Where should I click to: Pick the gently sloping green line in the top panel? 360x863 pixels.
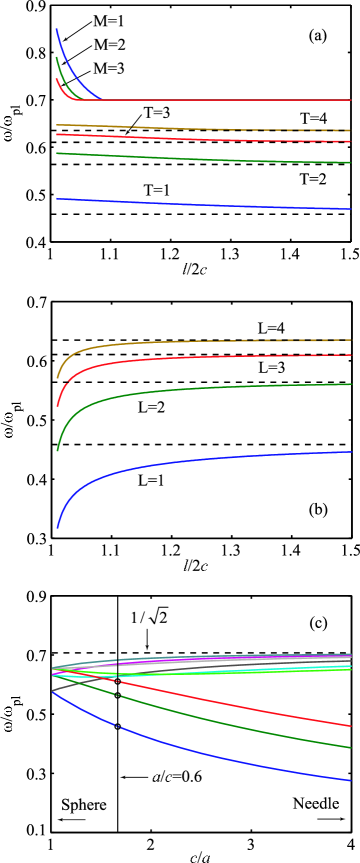coord(200,158)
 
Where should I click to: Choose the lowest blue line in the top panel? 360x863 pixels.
coord(200,204)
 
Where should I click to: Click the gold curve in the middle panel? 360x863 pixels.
coord(150,343)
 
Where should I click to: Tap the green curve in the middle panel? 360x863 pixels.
coord(150,394)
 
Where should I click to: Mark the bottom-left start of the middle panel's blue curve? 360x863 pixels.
coord(57,526)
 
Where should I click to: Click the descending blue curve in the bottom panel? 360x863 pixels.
coord(200,752)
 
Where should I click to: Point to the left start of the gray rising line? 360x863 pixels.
coord(54,690)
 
